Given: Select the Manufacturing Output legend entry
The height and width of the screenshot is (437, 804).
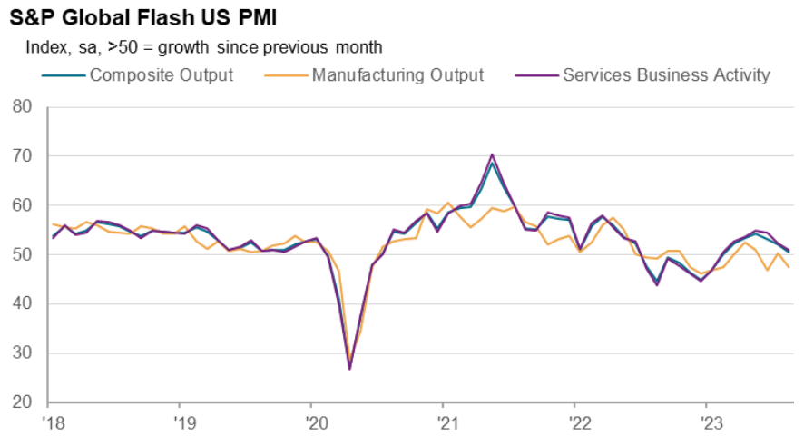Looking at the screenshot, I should click(397, 74).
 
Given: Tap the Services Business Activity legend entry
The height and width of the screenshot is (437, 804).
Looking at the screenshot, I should click(666, 74).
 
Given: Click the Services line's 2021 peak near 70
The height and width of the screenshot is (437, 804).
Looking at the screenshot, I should click(492, 155).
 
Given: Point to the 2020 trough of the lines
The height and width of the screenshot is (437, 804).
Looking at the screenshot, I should click(349, 367).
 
